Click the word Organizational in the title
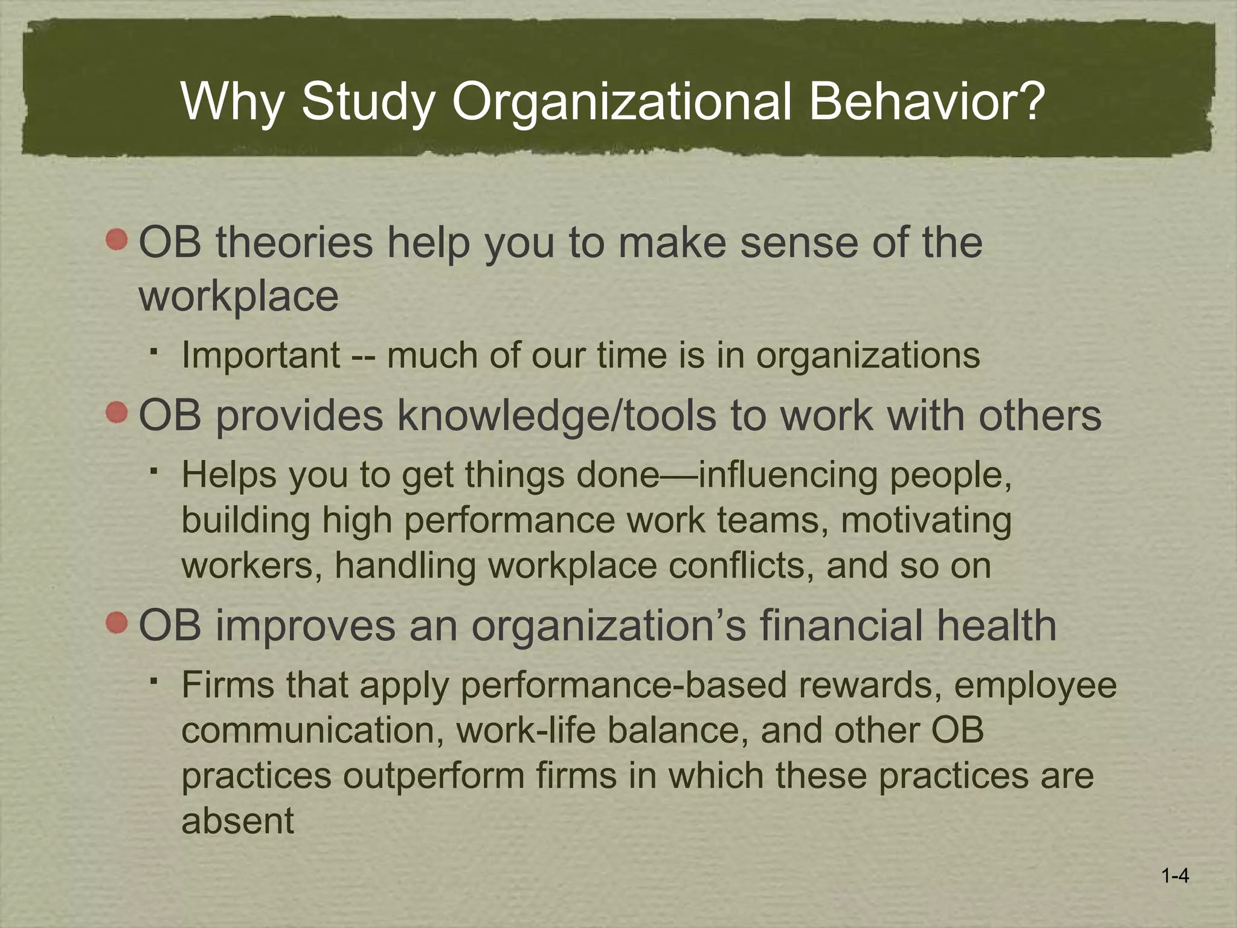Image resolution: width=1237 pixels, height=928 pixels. point(622,101)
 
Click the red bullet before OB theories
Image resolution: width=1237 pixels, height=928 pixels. point(117,240)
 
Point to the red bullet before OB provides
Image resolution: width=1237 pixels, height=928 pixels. point(117,414)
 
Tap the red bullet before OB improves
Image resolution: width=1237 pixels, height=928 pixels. point(117,623)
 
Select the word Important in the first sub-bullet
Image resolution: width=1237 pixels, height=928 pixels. point(261,355)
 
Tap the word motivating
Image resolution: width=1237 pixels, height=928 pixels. point(926,520)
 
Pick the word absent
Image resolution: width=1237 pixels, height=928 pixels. point(237,821)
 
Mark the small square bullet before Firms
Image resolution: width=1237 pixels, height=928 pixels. point(155,681)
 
